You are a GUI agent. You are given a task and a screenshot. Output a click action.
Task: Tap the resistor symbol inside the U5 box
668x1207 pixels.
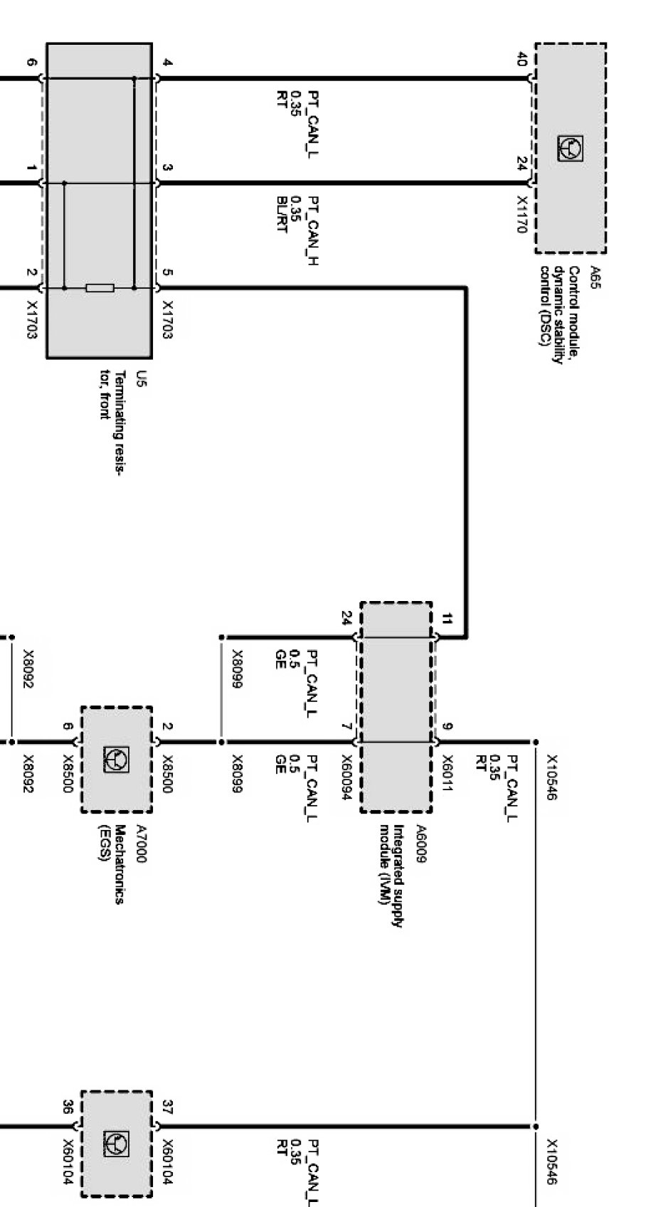[x=100, y=288]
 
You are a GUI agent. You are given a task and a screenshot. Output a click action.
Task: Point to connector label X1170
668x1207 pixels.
[x=523, y=216]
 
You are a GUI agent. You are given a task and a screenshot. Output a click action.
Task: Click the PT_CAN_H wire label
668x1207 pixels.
[x=313, y=230]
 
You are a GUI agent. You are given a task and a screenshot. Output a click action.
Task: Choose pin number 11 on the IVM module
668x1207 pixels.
[x=447, y=619]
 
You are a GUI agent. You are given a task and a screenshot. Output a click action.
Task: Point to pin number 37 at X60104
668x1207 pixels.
[x=168, y=1107]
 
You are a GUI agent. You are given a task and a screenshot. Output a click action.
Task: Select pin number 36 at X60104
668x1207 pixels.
[x=68, y=1107]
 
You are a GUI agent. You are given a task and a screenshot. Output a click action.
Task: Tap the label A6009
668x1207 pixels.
[x=421, y=844]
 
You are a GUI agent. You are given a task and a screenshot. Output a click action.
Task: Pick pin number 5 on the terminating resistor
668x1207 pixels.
[x=168, y=272]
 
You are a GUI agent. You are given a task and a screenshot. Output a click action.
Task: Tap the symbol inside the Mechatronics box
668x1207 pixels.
[x=117, y=759]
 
